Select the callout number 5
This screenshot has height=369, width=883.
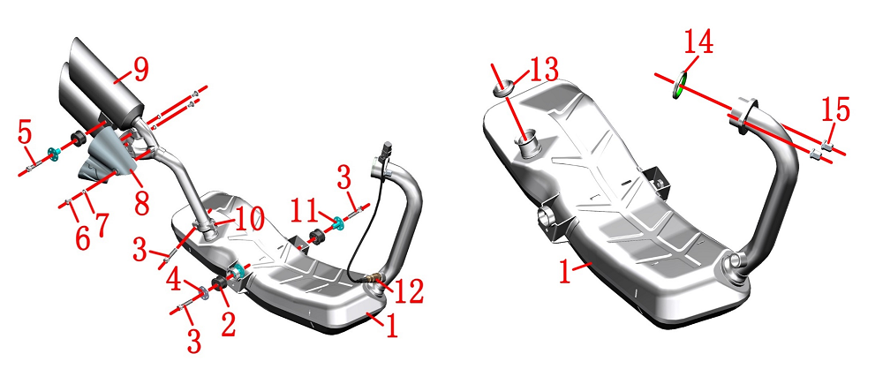point(25,133)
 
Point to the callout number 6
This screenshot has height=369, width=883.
point(81,238)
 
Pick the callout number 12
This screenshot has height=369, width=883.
point(410,292)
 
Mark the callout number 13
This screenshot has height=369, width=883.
point(543,70)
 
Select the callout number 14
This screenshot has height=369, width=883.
point(698,41)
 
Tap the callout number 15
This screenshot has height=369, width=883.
point(835,109)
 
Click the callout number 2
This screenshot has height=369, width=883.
point(228,326)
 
